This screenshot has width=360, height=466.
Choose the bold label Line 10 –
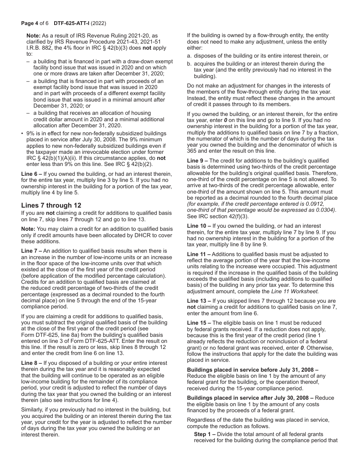[199, 226]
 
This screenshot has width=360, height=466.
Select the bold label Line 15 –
[199, 323]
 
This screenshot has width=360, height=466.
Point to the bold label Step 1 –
[205, 434]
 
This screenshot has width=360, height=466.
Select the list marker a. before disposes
[189, 56]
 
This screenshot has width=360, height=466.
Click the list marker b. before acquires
[189, 64]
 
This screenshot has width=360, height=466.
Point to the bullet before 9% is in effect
[22, 133]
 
